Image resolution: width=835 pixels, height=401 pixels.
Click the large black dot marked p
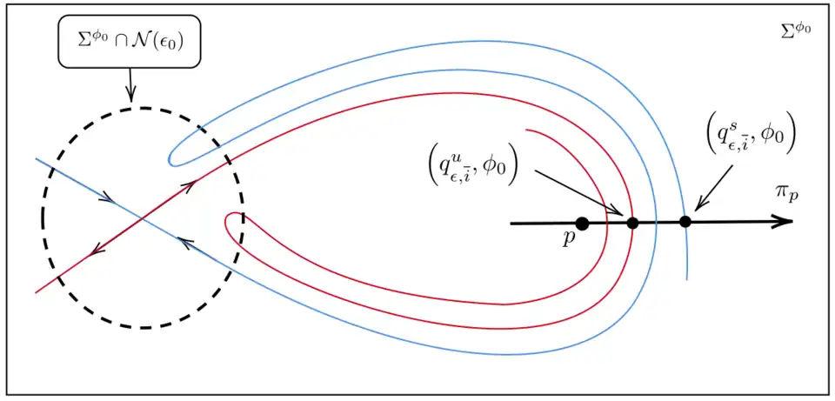pos(582,224)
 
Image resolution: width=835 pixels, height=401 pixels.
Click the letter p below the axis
pos(569,238)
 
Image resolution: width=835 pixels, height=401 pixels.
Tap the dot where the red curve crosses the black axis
pos(632,223)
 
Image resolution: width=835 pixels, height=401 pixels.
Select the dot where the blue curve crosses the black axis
pos(685,222)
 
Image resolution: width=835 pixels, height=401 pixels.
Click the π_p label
pos(787,192)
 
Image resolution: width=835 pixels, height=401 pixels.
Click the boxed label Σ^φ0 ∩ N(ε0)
pos(130,41)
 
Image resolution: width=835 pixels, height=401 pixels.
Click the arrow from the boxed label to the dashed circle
pos(130,85)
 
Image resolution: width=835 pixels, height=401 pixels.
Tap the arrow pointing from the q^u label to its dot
pos(578,192)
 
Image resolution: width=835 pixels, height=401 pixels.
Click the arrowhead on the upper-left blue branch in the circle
pos(107,198)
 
